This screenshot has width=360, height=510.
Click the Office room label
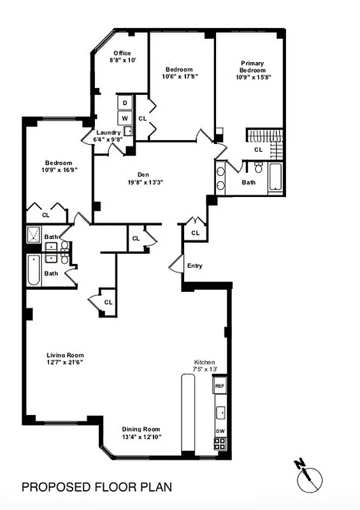(122, 53)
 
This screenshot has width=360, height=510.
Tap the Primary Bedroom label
(252, 66)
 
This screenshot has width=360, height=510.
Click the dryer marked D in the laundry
(125, 103)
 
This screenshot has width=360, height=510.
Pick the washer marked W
(125, 118)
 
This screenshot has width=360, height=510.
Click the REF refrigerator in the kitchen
(220, 386)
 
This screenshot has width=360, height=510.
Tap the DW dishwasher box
(220, 431)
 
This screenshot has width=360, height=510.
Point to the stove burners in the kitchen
(220, 444)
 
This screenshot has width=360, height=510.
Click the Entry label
(195, 265)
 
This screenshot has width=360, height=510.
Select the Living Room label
(65, 355)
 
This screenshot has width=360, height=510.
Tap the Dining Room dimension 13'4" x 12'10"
(142, 437)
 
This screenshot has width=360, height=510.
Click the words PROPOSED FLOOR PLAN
(97, 488)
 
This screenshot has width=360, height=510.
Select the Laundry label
(107, 133)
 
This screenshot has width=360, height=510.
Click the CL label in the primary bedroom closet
(258, 150)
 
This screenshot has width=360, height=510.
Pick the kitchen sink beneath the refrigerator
(220, 412)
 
